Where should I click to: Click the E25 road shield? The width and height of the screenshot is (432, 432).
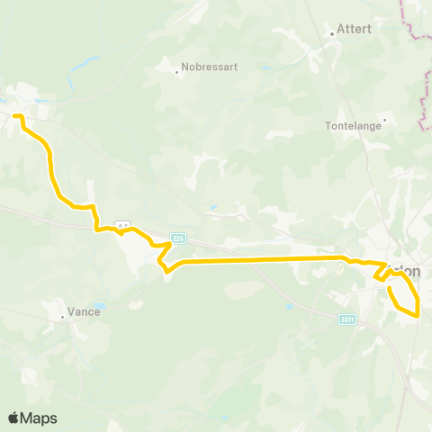(x=178, y=238)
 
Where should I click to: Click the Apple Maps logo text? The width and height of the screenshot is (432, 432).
(x=40, y=418)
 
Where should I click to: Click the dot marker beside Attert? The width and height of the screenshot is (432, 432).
(x=332, y=34)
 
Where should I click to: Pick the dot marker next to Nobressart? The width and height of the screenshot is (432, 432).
(x=177, y=72)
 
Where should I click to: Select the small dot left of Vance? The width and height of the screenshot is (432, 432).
(x=62, y=317)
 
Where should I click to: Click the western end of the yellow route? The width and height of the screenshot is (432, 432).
(x=14, y=116)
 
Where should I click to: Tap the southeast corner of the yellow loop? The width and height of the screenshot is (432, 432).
(x=418, y=315)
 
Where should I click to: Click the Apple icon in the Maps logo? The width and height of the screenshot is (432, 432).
(x=14, y=418)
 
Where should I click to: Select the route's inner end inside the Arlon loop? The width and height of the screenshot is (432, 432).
(x=391, y=287)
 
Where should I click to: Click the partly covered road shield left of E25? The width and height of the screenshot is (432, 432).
(x=124, y=226)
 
